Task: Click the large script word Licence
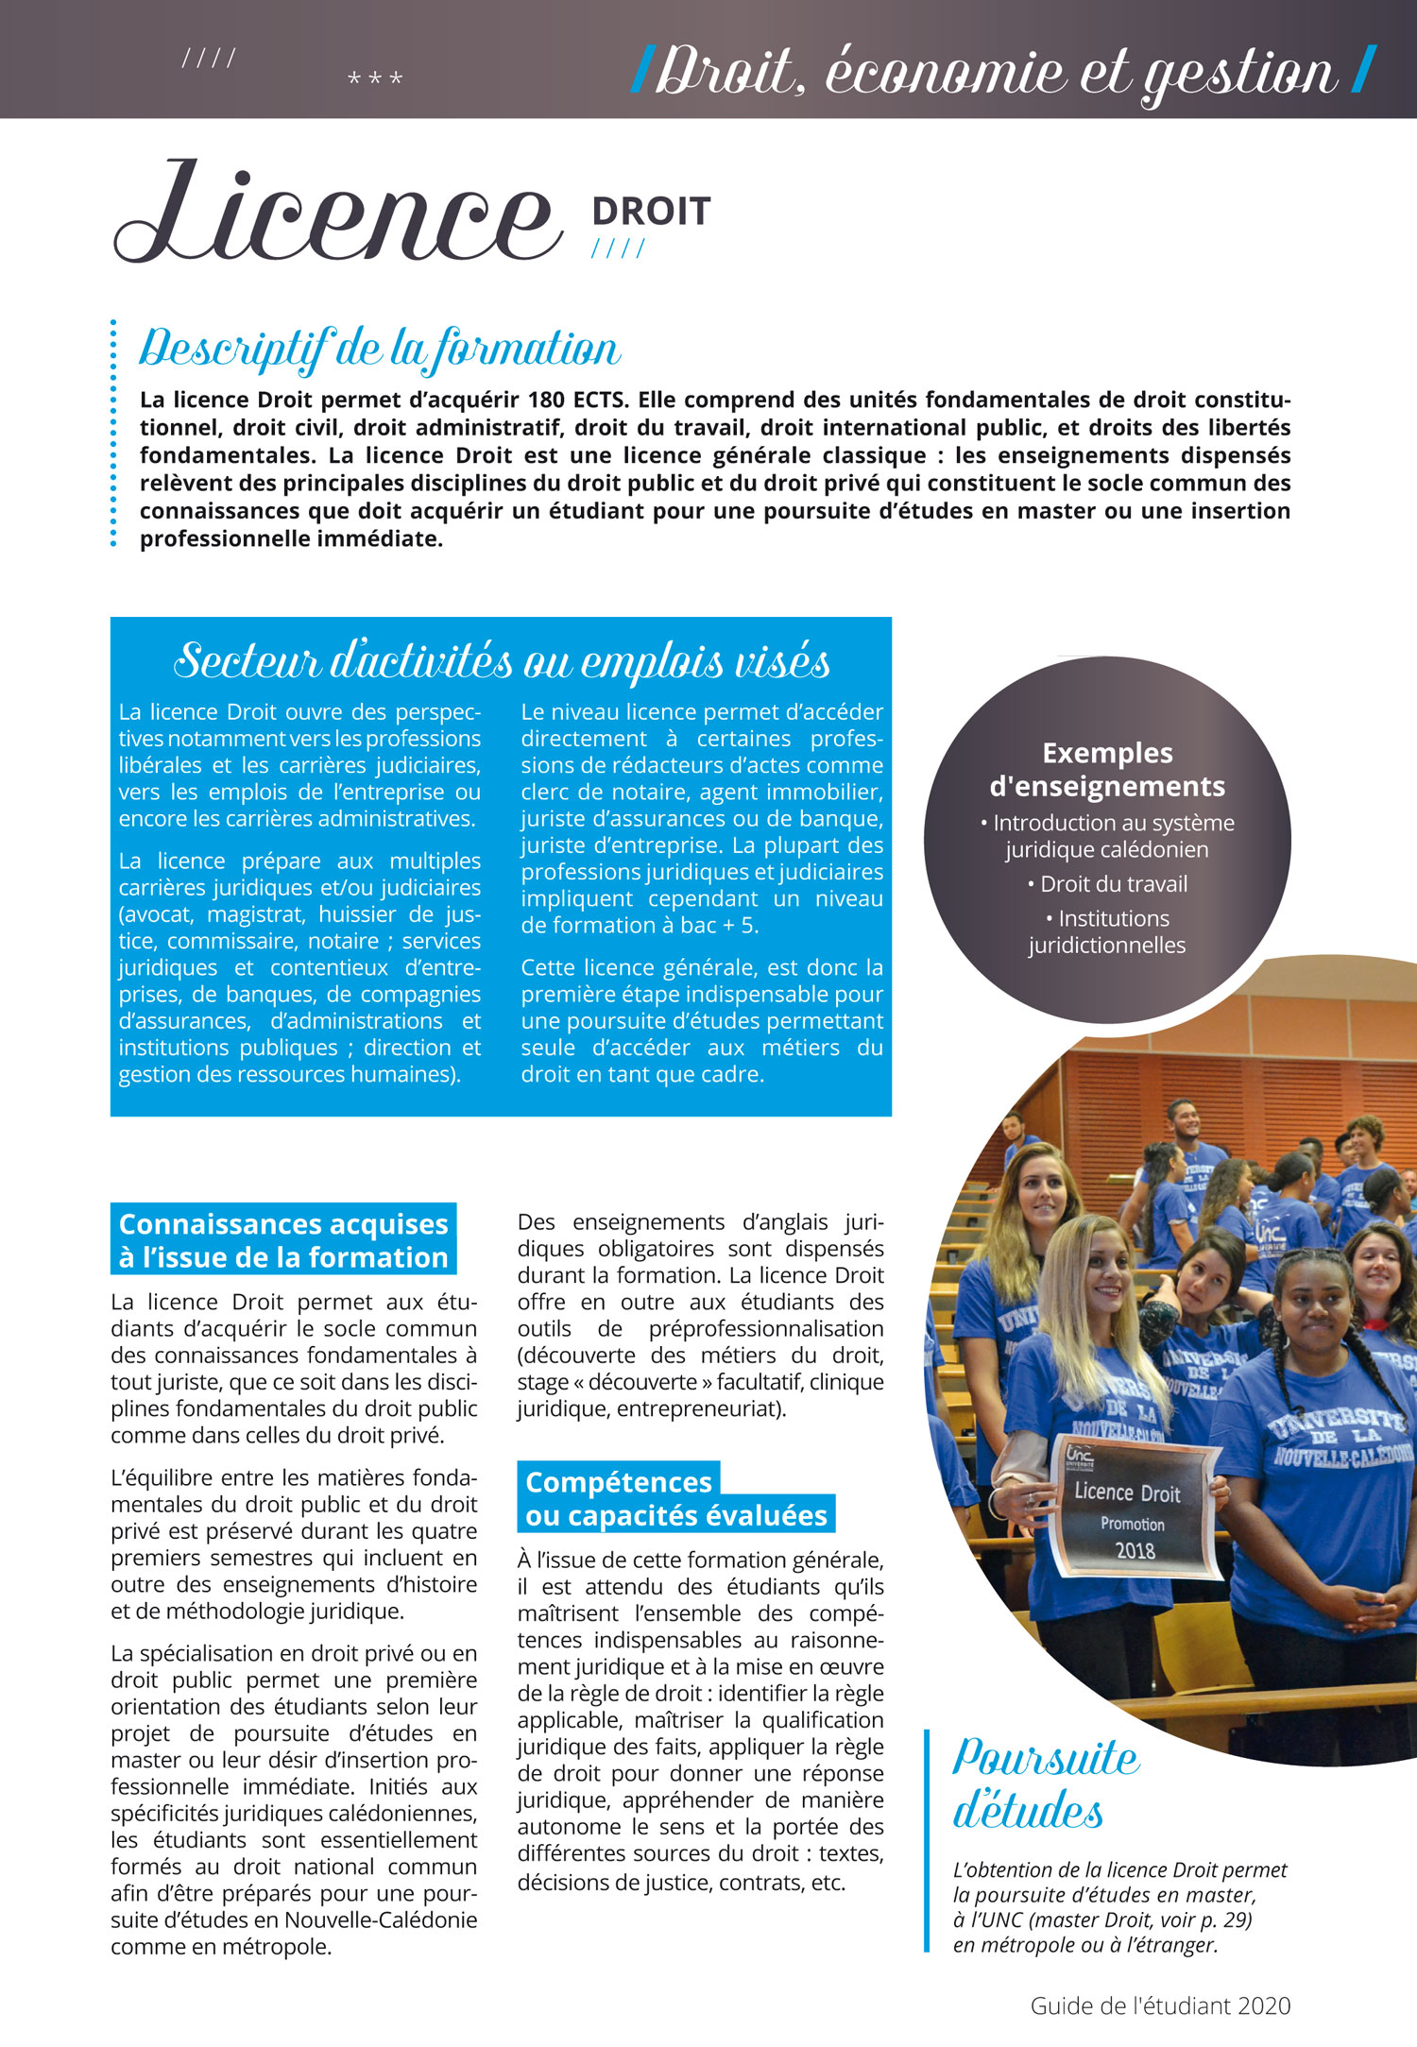(336, 215)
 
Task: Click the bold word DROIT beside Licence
(651, 212)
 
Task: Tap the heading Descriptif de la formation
(380, 349)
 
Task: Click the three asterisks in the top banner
(375, 78)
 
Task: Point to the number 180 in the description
(546, 400)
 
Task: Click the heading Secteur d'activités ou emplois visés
(502, 660)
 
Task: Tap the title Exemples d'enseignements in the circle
(1107, 769)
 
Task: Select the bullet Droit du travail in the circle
(1107, 884)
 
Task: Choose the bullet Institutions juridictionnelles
(1107, 931)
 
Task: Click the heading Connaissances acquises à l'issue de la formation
(283, 1240)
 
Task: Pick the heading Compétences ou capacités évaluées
(674, 1498)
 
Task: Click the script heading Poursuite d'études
(1044, 1783)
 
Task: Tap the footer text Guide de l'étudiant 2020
(1160, 2005)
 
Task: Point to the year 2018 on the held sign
(1135, 1550)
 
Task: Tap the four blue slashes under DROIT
(619, 248)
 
